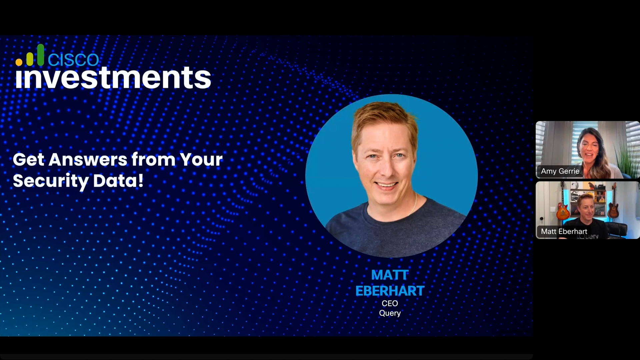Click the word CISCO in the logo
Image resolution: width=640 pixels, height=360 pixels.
(x=73, y=59)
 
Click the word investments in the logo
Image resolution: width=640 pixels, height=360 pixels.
(x=113, y=77)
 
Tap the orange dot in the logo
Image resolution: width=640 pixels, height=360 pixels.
(x=19, y=62)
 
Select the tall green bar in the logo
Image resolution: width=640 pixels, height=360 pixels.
(x=41, y=55)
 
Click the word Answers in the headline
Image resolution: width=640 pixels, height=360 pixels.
(x=88, y=159)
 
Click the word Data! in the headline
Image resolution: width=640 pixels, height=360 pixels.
(x=118, y=181)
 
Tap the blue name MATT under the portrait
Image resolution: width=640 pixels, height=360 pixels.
(x=390, y=275)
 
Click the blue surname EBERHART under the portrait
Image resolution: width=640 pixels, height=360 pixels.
(x=390, y=291)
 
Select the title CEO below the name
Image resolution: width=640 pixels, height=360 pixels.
(x=390, y=303)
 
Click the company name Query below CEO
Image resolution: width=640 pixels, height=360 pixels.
(x=390, y=313)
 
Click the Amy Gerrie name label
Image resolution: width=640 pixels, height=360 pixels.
(x=560, y=171)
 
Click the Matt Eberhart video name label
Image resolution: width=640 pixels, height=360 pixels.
(x=564, y=231)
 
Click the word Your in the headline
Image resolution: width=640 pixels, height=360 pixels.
(x=201, y=159)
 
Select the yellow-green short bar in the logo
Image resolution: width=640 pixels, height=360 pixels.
(x=30, y=59)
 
